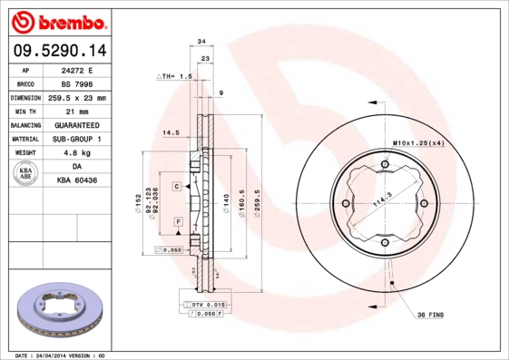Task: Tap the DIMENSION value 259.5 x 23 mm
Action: point(76,97)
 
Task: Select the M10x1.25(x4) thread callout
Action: point(418,143)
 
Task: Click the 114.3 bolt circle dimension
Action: point(384,204)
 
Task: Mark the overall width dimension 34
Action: point(201,42)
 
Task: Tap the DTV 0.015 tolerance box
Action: point(208,304)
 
